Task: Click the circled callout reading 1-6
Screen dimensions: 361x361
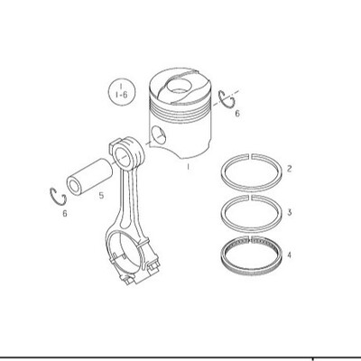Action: [x=122, y=92]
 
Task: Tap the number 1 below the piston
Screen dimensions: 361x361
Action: [x=189, y=167]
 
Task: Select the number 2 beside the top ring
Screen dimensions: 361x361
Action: [x=289, y=169]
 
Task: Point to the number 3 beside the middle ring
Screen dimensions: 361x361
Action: [x=289, y=212]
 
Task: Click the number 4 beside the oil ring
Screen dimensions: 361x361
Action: [x=289, y=255]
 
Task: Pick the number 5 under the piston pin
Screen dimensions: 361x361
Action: [x=101, y=196]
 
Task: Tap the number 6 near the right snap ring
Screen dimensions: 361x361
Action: [x=237, y=114]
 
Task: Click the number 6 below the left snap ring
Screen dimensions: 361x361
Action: [x=65, y=214]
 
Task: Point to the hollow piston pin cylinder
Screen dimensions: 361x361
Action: [x=89, y=177]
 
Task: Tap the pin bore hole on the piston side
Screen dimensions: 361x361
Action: [x=159, y=135]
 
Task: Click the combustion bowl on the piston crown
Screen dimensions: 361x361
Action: [x=179, y=85]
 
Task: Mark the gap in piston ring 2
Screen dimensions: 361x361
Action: [x=251, y=156]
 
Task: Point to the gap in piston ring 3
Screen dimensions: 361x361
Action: [x=251, y=198]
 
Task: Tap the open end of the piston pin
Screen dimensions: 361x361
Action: [x=74, y=187]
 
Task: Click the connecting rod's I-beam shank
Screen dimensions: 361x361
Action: [x=127, y=199]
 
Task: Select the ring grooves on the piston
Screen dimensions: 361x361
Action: [x=180, y=107]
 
